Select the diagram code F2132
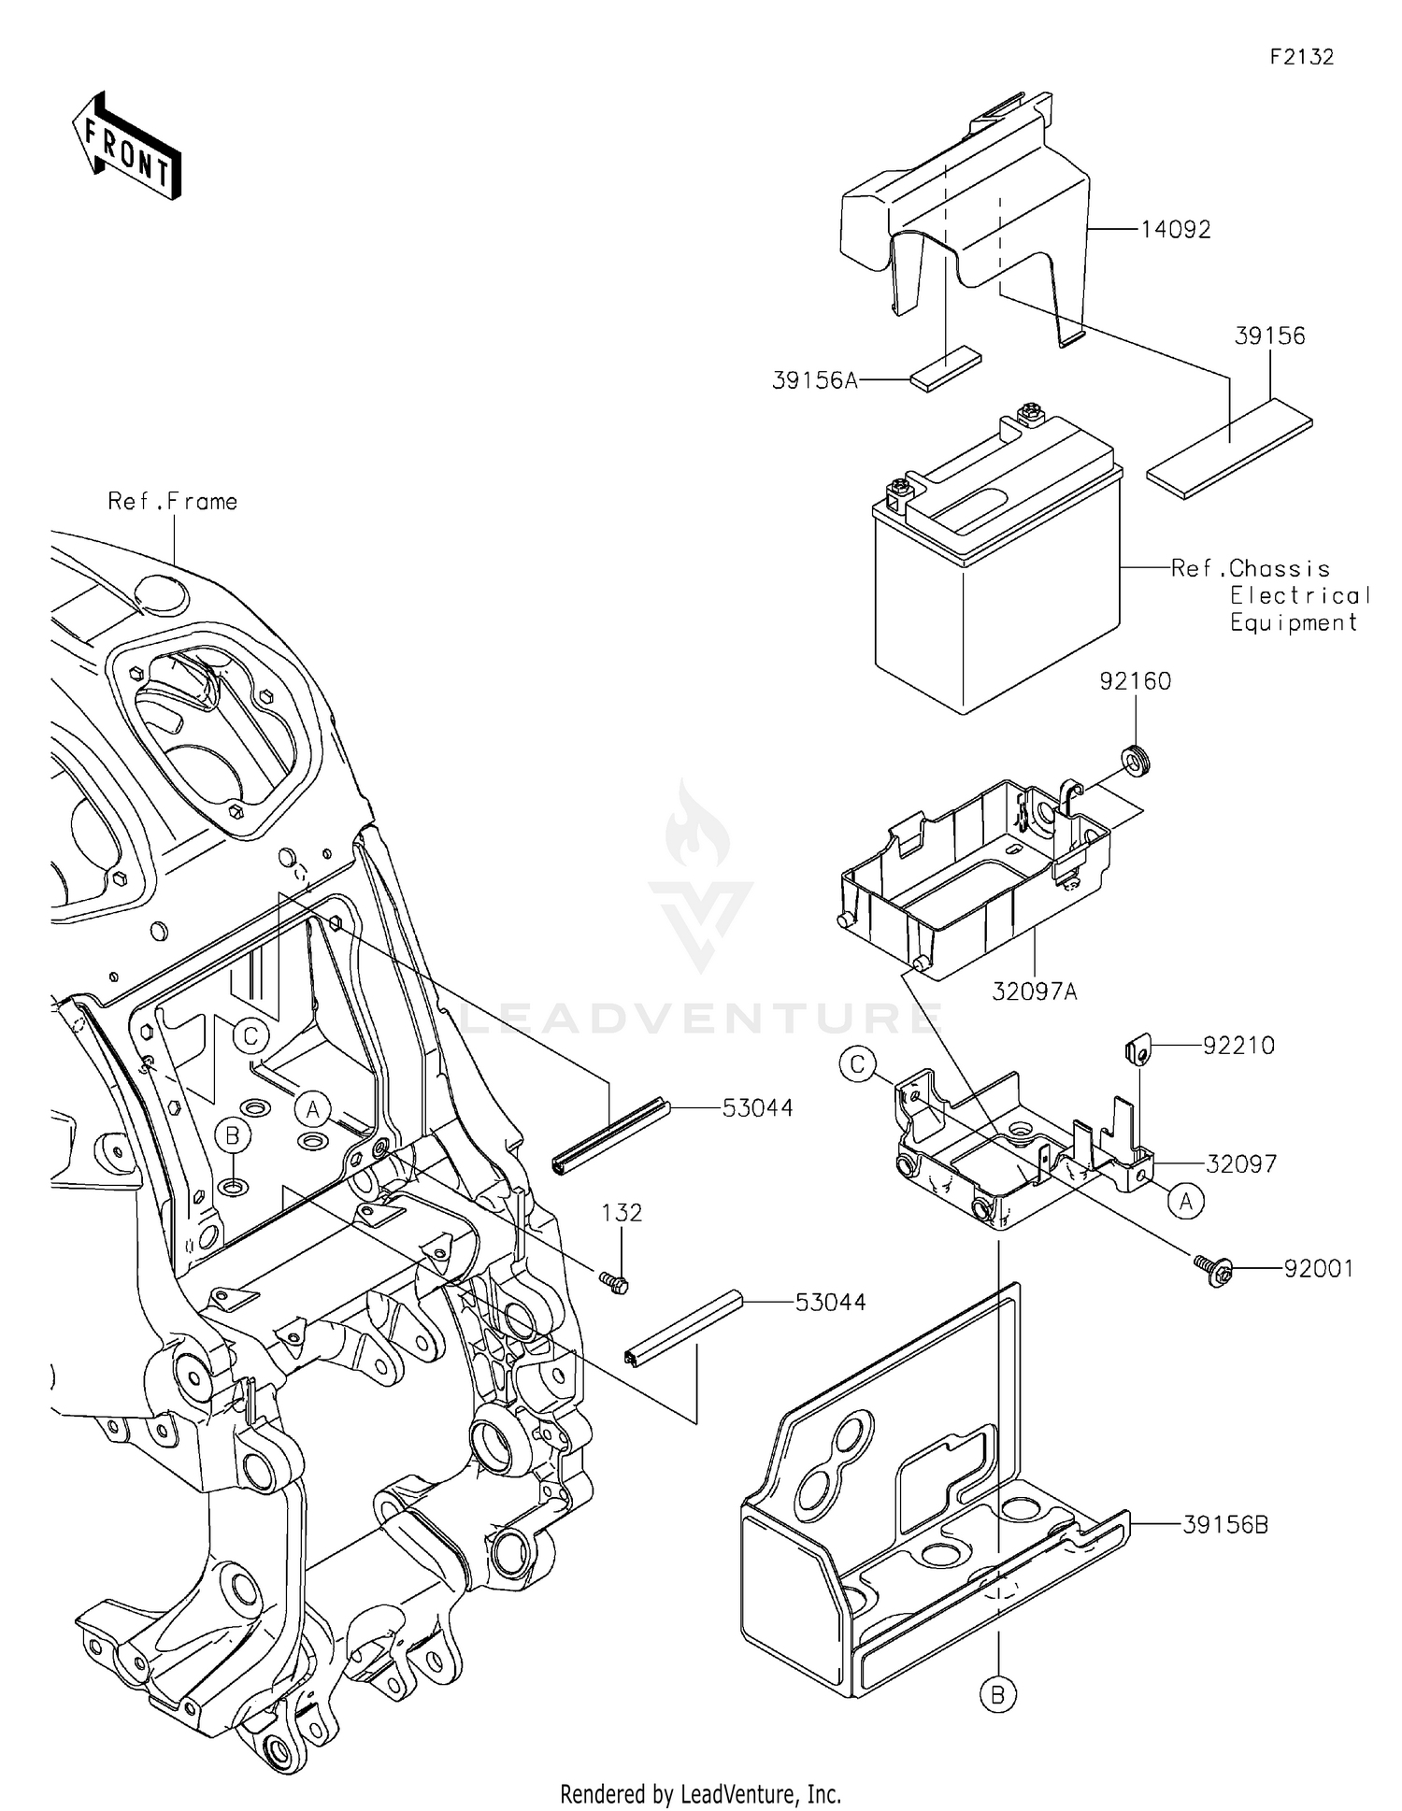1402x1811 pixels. point(1301,57)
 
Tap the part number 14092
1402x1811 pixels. point(1175,230)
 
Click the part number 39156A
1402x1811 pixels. point(814,380)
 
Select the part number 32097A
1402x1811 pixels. point(1035,991)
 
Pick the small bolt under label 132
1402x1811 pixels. point(615,1283)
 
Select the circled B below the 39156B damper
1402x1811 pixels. point(997,1693)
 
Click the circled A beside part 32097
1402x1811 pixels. point(1186,1201)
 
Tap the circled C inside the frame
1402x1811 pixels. point(250,1036)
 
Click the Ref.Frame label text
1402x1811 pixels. point(172,502)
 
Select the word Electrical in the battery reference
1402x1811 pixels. point(1299,595)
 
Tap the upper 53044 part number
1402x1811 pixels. point(757,1108)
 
